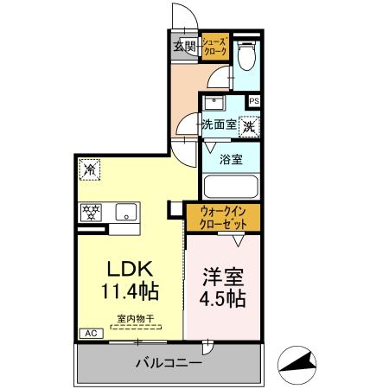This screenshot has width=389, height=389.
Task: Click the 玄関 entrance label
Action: (x=183, y=46)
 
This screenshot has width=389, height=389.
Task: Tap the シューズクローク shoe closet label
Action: (x=215, y=47)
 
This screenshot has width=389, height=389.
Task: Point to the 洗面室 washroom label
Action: (x=219, y=124)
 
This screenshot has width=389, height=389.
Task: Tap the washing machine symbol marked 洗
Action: (x=249, y=125)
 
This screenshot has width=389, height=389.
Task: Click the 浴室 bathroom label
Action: (x=230, y=160)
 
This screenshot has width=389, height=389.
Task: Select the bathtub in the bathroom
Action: (x=231, y=188)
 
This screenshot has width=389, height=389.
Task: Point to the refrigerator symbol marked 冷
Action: (x=88, y=170)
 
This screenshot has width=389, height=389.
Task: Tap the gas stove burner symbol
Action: (x=90, y=210)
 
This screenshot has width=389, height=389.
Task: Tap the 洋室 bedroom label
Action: (x=224, y=278)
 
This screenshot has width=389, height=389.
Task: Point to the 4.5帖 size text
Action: (x=224, y=300)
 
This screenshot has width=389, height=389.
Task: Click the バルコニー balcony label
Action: (x=169, y=363)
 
